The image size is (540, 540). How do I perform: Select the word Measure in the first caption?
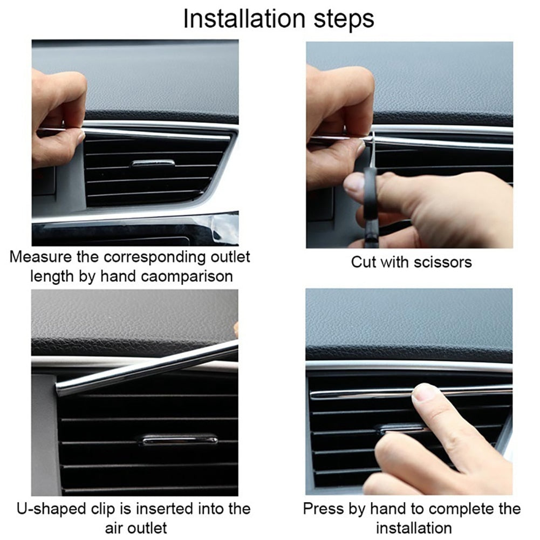coord(41,256)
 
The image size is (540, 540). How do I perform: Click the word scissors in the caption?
coord(442,262)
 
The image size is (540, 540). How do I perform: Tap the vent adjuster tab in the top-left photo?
coord(153,162)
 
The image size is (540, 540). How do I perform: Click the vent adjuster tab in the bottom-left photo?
coord(177,440)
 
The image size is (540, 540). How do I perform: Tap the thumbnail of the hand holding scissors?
coord(354,183)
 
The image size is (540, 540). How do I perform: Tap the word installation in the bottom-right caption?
coord(413,527)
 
